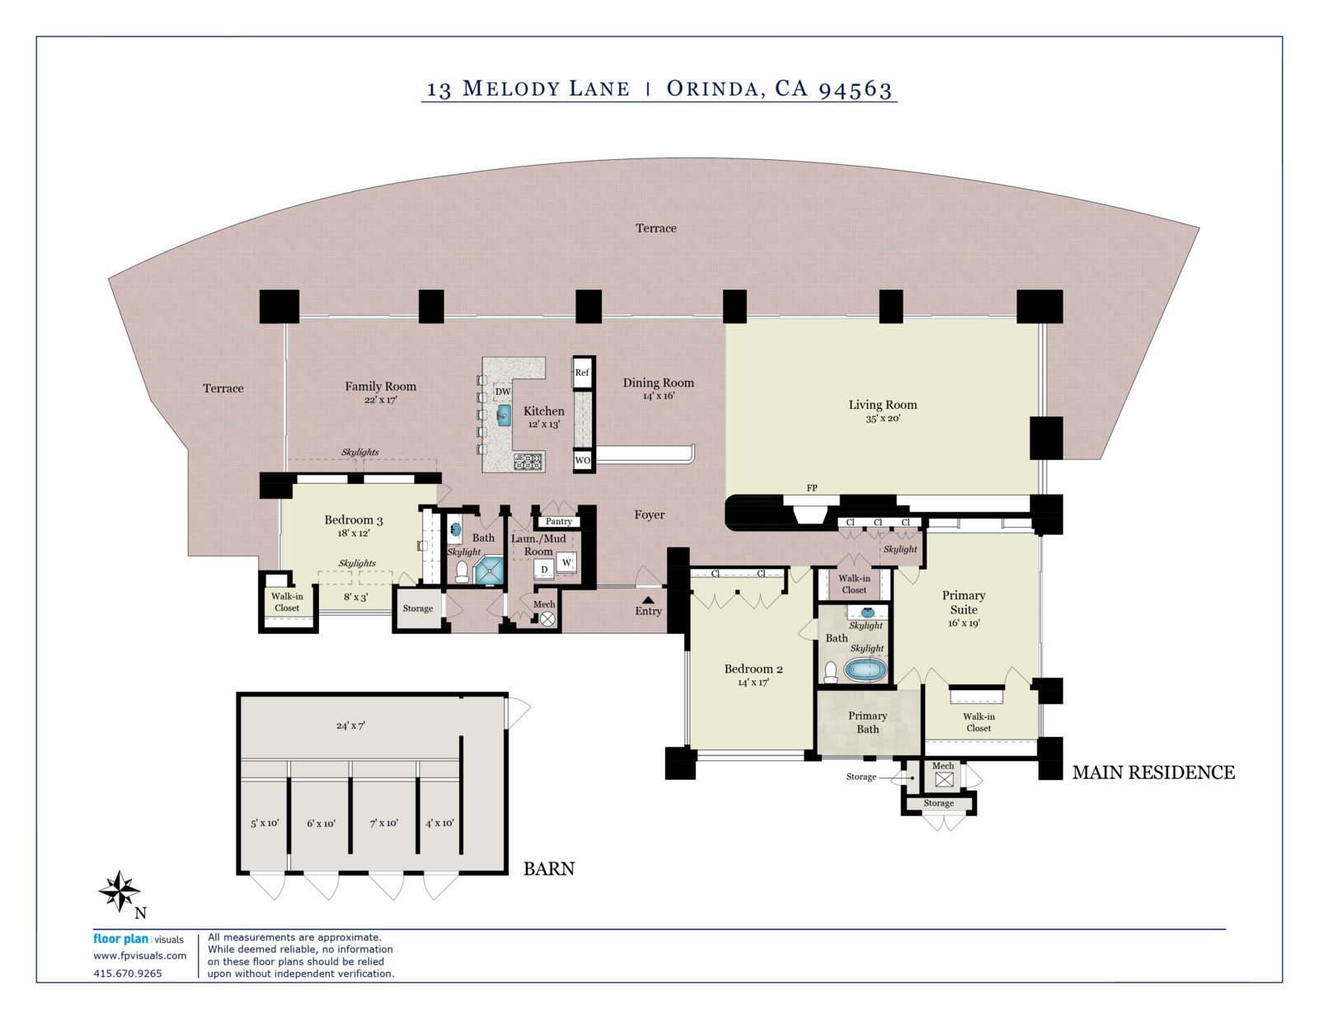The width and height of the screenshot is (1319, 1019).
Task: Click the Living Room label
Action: tap(883, 405)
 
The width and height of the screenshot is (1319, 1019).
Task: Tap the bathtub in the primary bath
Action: tap(867, 670)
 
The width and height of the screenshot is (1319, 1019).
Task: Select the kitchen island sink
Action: tap(504, 416)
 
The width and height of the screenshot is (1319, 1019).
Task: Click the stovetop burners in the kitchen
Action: tap(528, 461)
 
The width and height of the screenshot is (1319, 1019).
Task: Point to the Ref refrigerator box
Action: tap(581, 373)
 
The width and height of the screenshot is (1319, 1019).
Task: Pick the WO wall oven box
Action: tap(582, 460)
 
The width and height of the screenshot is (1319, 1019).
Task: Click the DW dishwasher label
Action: tap(503, 392)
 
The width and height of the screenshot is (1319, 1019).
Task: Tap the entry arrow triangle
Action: tap(648, 599)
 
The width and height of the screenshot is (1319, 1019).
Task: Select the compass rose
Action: tap(120, 891)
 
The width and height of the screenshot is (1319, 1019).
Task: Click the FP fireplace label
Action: tap(811, 488)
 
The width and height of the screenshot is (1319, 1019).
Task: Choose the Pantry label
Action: tap(558, 521)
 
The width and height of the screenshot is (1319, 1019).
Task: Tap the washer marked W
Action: tap(566, 562)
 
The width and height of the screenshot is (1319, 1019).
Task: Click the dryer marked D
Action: tap(544, 570)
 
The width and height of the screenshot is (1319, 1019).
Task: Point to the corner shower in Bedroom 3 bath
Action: tap(489, 571)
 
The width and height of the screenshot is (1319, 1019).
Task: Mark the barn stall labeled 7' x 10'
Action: tap(383, 823)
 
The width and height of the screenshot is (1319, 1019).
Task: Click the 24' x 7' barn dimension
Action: tap(351, 726)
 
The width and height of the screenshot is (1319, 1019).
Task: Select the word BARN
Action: tap(549, 868)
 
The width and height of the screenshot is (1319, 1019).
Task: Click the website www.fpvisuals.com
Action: tap(139, 956)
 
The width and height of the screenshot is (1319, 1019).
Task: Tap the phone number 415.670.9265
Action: tap(128, 974)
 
